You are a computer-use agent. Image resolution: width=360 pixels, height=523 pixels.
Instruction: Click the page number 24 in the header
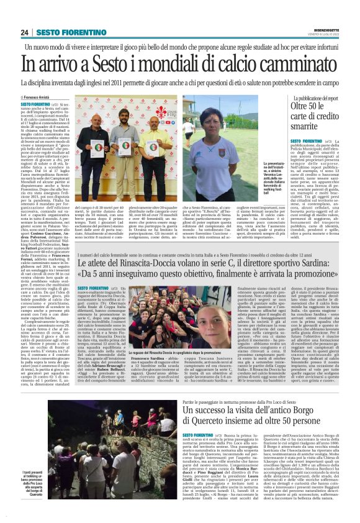[x=25, y=32]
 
